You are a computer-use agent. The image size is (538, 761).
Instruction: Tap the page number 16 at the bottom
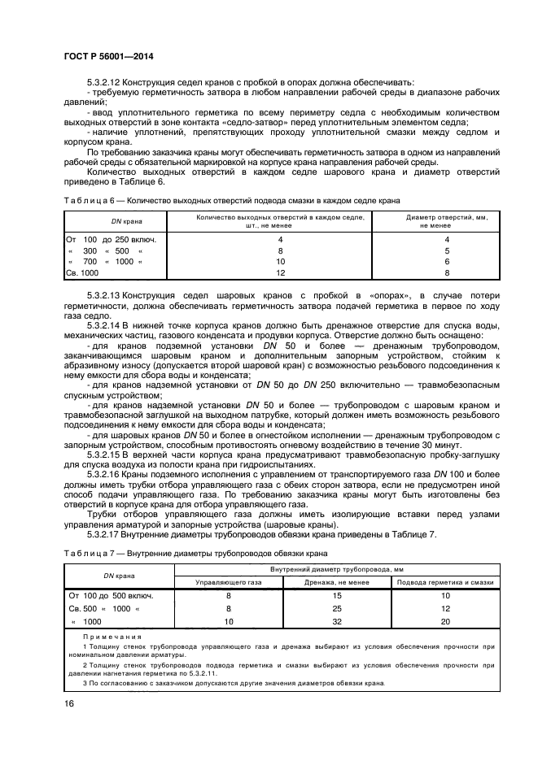(x=71, y=704)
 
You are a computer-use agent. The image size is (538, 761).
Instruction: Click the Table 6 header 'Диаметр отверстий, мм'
(x=435, y=217)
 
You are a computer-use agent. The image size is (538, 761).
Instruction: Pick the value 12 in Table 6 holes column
(x=280, y=274)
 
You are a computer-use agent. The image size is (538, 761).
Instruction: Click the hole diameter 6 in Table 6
(x=446, y=263)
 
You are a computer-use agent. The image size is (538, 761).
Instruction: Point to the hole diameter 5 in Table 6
(x=446, y=251)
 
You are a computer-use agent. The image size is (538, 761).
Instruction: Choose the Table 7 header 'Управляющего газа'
(x=229, y=582)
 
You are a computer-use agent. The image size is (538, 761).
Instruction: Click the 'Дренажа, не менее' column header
(x=337, y=582)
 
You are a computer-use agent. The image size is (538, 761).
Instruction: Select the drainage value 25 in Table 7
(x=337, y=608)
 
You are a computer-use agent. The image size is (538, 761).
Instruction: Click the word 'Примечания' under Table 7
(x=112, y=637)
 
